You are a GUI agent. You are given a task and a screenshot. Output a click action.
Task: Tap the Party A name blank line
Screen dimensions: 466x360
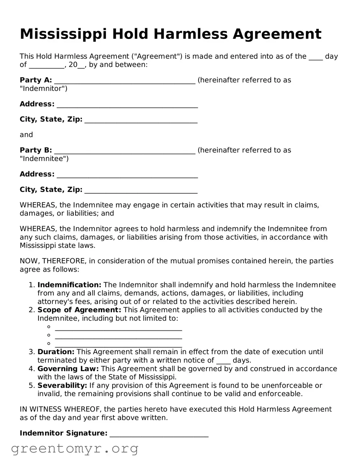tap(124, 81)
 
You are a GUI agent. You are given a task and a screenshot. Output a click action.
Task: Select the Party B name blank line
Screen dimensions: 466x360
tap(124, 151)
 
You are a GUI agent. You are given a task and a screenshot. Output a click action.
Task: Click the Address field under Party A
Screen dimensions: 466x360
tap(127, 105)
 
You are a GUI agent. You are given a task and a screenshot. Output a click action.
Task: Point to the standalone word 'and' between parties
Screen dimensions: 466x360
tap(26, 135)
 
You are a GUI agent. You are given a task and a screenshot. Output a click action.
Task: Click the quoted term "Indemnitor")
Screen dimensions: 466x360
tap(43, 89)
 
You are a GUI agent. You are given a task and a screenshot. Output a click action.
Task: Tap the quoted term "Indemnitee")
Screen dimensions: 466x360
tap(44, 159)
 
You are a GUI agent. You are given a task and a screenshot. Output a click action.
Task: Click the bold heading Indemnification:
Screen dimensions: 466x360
tap(69, 285)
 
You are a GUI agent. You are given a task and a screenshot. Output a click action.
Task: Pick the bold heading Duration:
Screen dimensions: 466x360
tap(56, 352)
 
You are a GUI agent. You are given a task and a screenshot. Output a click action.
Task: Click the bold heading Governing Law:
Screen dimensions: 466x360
tap(68, 369)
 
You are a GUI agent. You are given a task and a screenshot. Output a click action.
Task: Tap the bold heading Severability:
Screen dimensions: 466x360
tap(62, 385)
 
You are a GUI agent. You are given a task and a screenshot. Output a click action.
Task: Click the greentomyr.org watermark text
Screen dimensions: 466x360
tap(74, 449)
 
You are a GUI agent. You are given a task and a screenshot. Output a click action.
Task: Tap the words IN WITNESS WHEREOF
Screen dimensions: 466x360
tap(61, 409)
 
